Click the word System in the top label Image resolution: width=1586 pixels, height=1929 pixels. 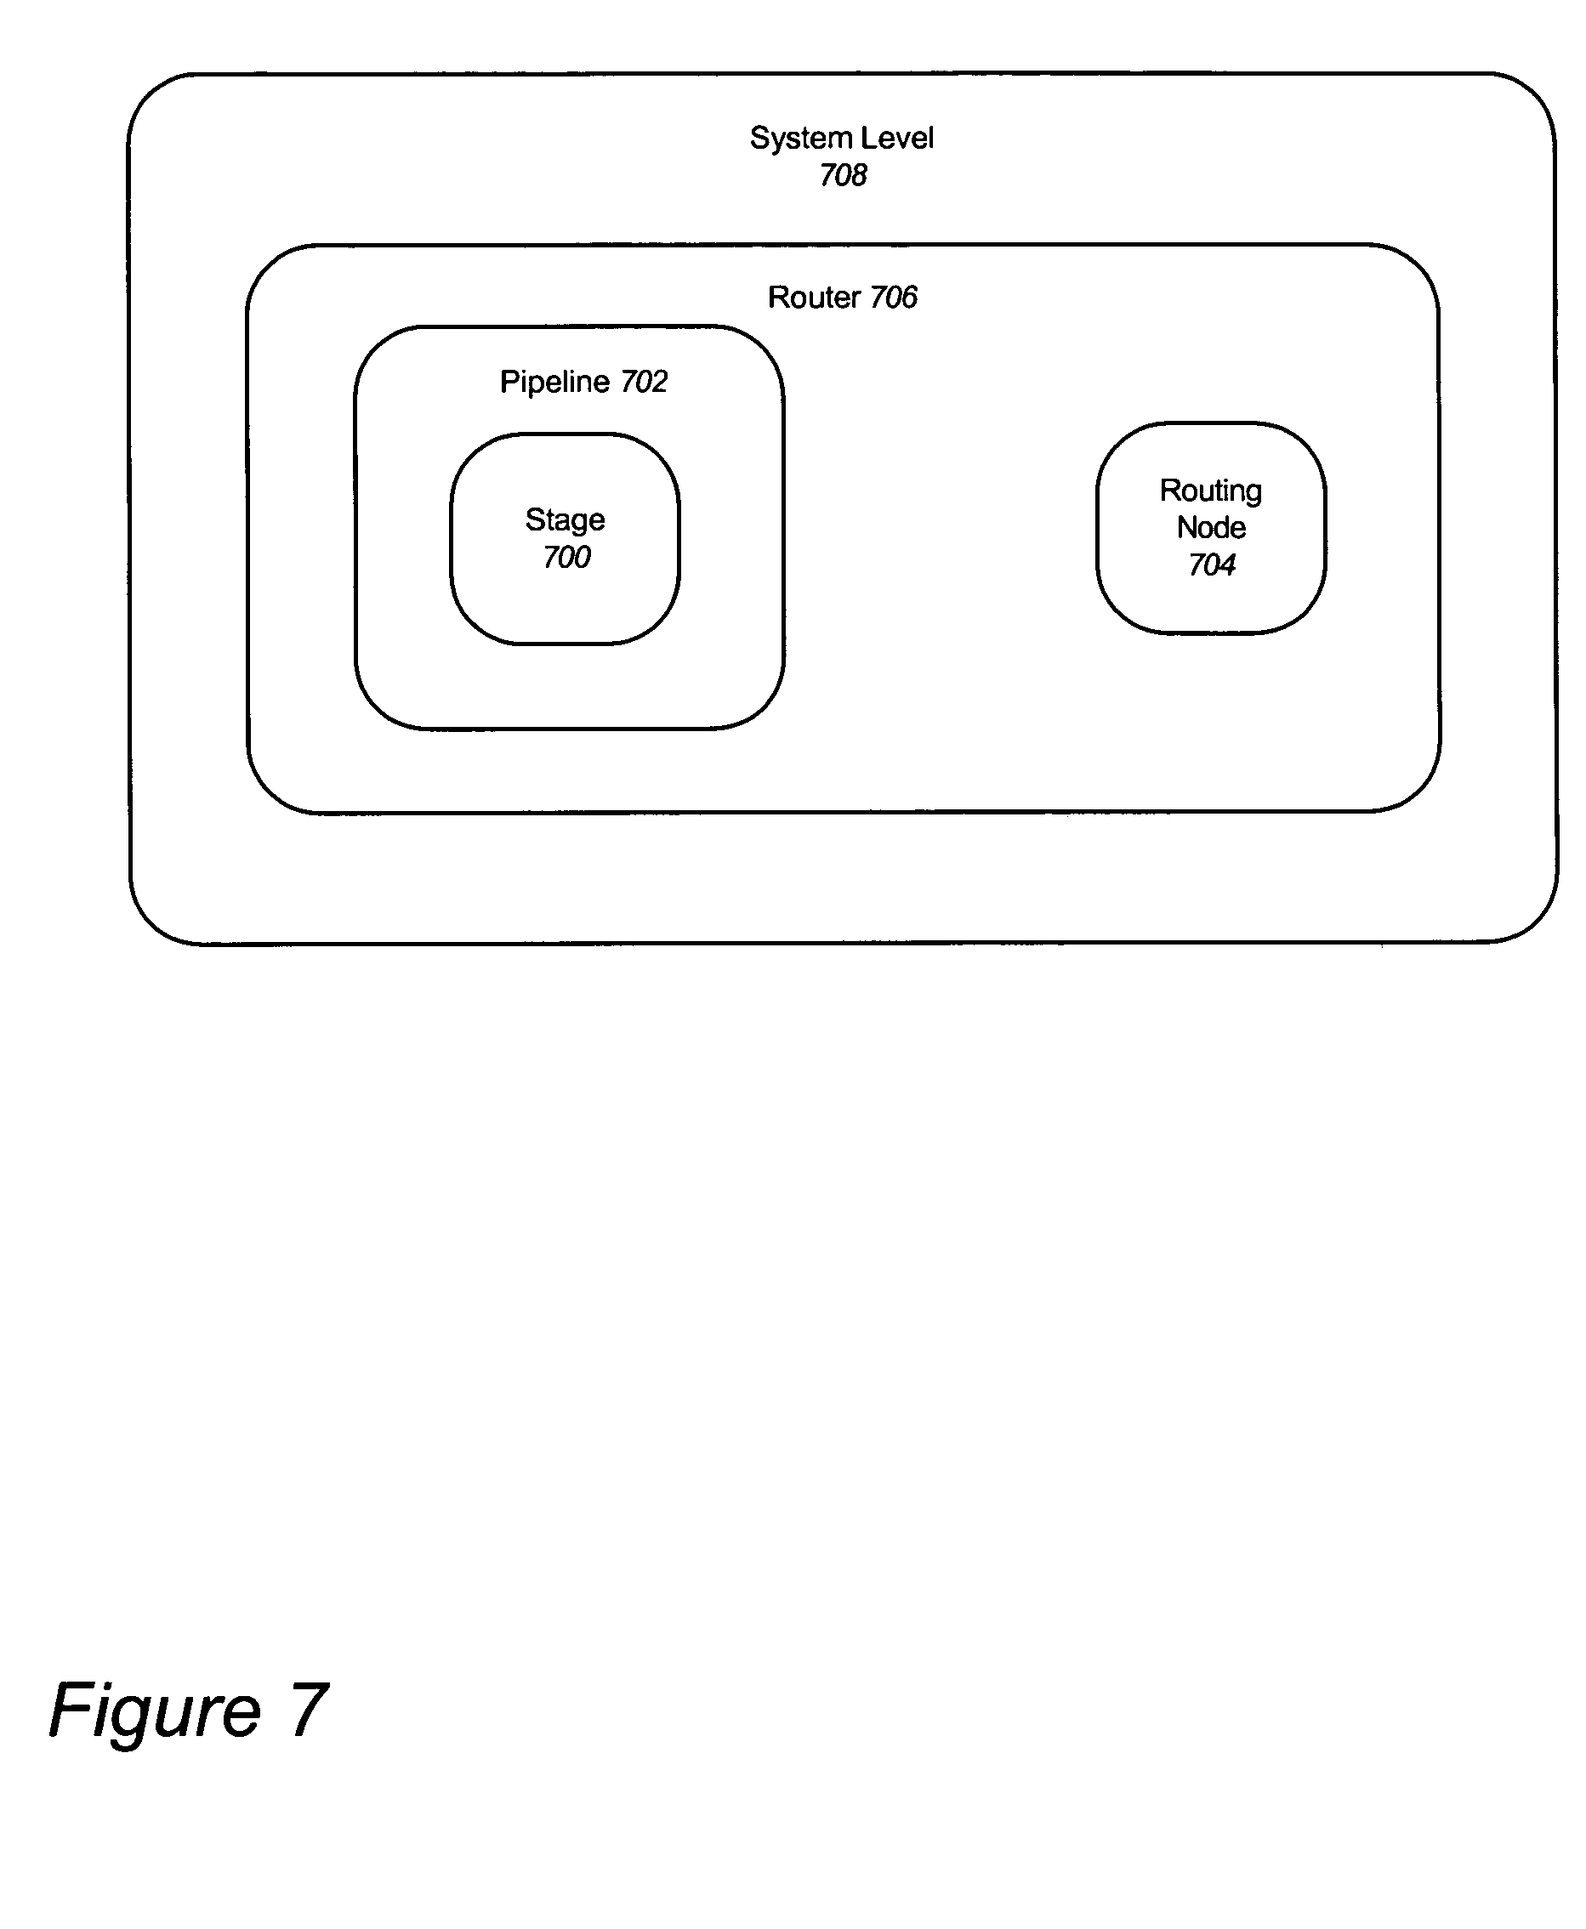[800, 139]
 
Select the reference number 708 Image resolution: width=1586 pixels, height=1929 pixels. [843, 175]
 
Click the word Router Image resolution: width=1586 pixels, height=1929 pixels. [813, 298]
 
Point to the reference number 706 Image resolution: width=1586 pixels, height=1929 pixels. [893, 298]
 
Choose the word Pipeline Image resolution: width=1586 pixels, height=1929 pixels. [554, 382]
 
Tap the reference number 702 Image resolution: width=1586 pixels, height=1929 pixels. [644, 382]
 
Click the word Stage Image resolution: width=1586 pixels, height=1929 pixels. [565, 520]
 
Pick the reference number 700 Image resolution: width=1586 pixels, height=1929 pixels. [566, 557]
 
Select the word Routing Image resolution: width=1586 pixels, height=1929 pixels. [1210, 491]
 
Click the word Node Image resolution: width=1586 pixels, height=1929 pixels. [1210, 528]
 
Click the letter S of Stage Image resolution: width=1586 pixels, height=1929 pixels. [533, 519]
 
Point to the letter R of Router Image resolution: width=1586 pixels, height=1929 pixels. [776, 298]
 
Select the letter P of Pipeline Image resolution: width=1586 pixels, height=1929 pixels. [508, 382]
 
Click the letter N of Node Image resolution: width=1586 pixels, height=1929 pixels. [1185, 528]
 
